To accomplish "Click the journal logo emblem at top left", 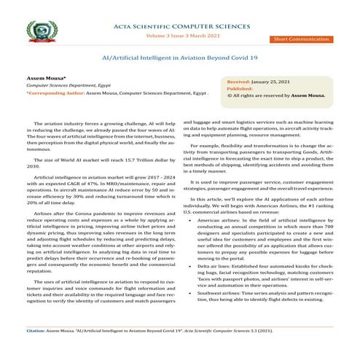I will pos(42,33).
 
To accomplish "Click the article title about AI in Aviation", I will pos(179,56).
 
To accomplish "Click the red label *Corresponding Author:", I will pos(55,94).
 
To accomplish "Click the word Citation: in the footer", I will pos(34,351).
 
